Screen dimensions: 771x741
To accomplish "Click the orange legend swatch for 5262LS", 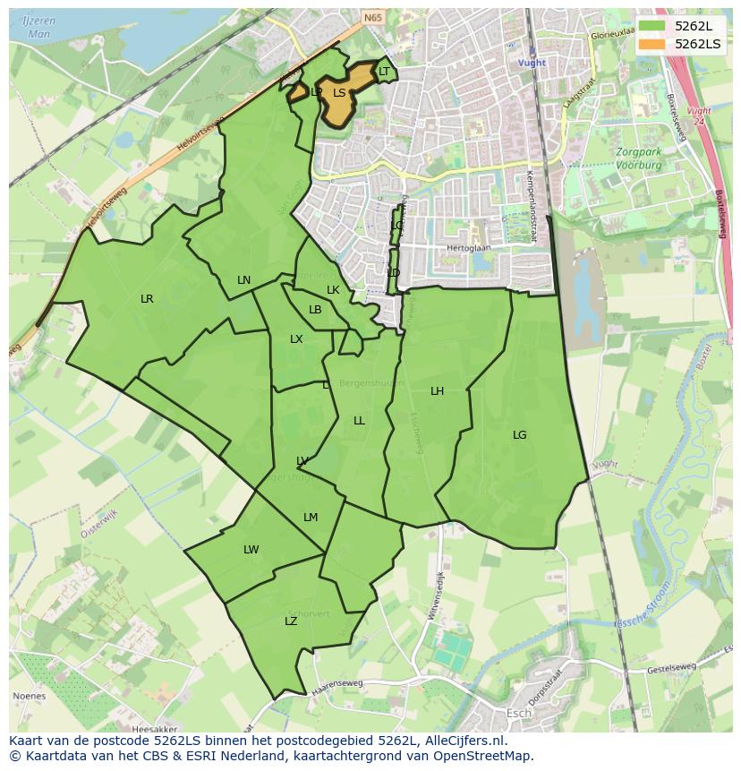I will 652,44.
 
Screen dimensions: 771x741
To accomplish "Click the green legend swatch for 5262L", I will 652,25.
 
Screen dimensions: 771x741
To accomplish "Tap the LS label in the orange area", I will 339,92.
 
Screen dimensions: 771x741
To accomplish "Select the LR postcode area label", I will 147,299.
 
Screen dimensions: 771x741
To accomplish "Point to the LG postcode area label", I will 520,435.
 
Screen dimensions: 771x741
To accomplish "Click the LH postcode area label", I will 437,391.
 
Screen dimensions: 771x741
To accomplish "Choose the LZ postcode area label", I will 291,621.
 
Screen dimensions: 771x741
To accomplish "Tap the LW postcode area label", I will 251,550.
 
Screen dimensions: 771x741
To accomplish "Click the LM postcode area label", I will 311,518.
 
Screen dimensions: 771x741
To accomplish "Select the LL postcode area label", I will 359,421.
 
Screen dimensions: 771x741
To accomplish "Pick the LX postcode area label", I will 296,339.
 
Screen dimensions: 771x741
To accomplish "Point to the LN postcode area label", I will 243,280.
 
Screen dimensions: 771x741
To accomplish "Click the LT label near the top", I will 384,72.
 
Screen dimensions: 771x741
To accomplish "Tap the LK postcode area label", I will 333,290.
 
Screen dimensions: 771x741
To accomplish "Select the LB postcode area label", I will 315,310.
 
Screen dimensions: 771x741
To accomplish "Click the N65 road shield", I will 372,16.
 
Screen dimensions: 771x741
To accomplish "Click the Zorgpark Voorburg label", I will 638,158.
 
